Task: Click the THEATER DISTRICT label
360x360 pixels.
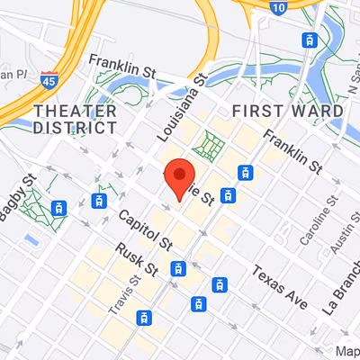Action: [75, 119]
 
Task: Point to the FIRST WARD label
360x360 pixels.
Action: [287, 111]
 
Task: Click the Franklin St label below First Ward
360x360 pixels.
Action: [291, 150]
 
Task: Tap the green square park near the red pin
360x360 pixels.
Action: [211, 144]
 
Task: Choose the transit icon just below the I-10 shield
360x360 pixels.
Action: [310, 39]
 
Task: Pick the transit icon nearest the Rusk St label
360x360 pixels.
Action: [179, 267]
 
